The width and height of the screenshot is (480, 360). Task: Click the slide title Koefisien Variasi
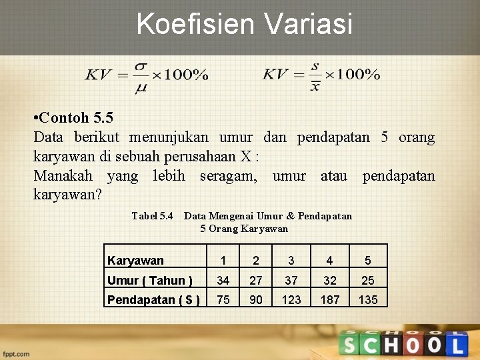(244, 24)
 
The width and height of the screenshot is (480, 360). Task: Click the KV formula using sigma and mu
(146, 75)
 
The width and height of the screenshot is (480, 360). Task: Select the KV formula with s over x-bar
(321, 75)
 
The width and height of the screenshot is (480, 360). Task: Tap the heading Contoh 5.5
(73, 118)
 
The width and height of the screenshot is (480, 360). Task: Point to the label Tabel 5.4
(152, 216)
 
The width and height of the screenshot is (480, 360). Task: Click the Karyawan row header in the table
(135, 261)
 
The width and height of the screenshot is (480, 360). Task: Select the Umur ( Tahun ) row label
(150, 280)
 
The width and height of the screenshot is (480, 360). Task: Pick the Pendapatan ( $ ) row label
(154, 300)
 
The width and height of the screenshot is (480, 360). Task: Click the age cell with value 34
(223, 280)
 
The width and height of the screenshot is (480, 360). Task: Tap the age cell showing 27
(255, 280)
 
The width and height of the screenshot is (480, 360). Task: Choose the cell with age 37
(291, 280)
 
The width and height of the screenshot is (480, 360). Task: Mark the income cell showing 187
(330, 300)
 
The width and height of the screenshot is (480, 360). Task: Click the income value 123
(291, 300)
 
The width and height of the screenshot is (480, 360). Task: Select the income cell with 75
(223, 300)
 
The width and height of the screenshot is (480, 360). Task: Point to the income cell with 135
(368, 300)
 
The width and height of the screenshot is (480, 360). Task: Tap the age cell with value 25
(368, 280)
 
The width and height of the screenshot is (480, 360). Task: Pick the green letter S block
(349, 345)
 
